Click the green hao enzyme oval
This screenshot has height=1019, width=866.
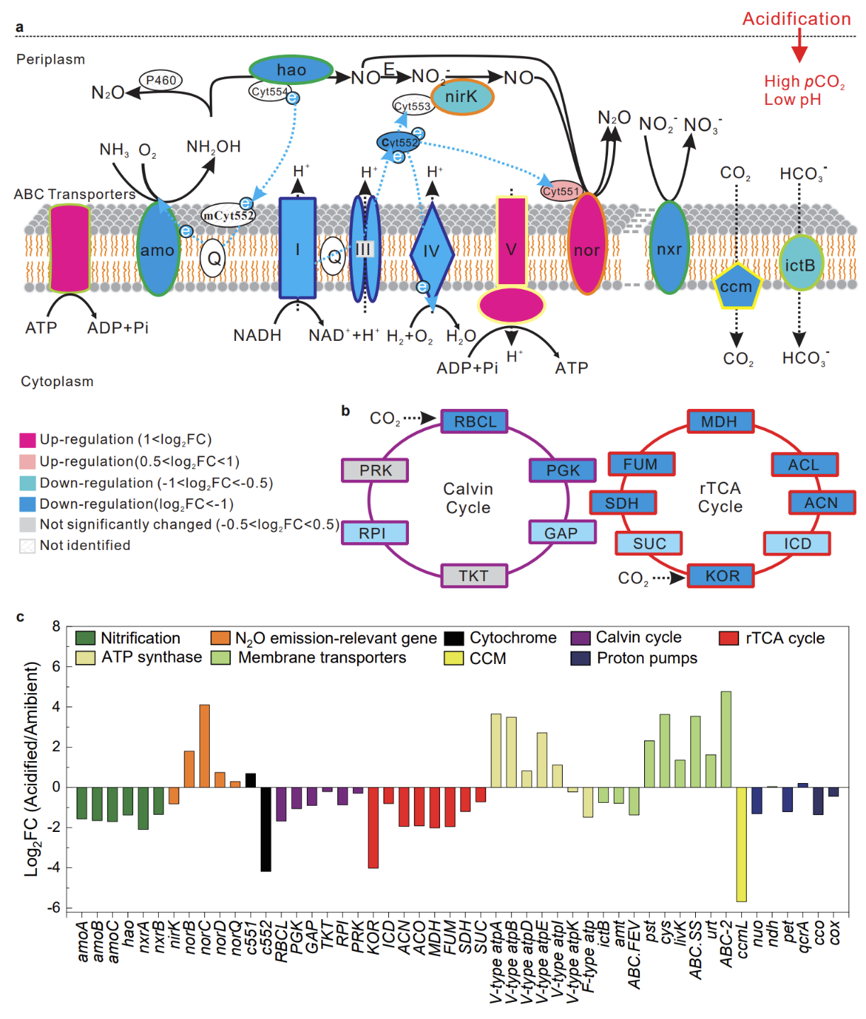point(291,69)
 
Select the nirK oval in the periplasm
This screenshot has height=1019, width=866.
point(462,96)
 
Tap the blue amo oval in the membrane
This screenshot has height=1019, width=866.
point(157,249)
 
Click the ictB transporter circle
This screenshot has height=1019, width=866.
point(800,264)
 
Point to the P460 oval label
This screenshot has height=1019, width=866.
point(161,80)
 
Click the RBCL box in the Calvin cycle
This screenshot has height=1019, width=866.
point(475,422)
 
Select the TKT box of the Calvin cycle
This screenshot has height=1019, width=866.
point(473,575)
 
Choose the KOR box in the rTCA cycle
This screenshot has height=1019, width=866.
point(721,575)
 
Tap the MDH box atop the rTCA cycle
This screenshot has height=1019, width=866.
point(719,422)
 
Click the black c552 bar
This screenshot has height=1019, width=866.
point(266,828)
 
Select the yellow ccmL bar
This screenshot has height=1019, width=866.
point(741,844)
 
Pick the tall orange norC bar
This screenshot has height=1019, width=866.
point(204,745)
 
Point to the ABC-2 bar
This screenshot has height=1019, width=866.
point(726,739)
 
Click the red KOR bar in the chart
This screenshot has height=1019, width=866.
point(373,827)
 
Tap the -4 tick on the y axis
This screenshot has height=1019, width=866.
point(55,867)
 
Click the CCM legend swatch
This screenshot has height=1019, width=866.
point(454,658)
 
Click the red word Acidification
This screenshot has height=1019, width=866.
point(797,19)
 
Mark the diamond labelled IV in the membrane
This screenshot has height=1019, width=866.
point(432,250)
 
